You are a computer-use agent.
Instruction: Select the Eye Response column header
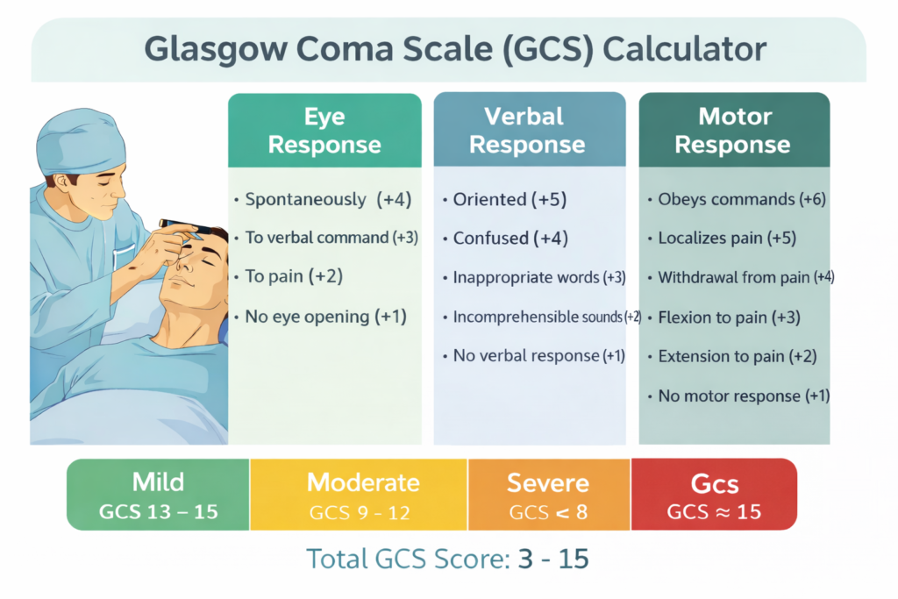(x=324, y=131)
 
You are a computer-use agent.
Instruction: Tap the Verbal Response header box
(x=530, y=131)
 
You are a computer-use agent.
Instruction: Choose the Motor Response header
(x=733, y=131)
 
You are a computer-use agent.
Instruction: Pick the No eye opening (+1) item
(x=325, y=317)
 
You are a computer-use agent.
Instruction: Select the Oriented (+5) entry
(x=510, y=199)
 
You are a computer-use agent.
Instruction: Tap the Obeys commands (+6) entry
(x=741, y=199)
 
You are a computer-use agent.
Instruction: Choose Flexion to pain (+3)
(x=729, y=317)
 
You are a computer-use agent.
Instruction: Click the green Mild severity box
(x=159, y=495)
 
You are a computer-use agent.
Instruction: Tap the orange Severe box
(x=549, y=495)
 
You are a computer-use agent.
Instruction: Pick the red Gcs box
(x=714, y=495)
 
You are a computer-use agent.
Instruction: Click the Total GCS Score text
(x=447, y=558)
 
